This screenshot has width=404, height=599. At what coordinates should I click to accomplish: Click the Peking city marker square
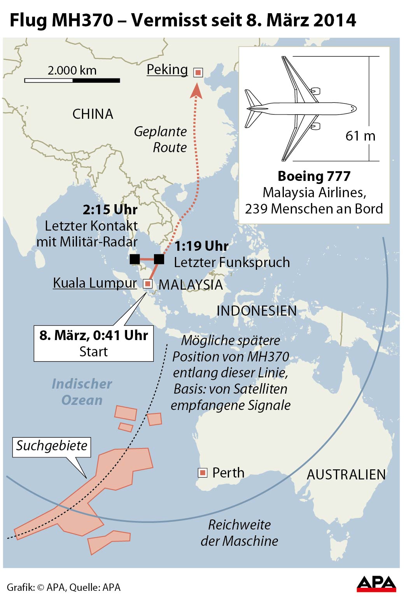(198, 72)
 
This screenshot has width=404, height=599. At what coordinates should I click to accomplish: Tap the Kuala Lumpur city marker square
(147, 284)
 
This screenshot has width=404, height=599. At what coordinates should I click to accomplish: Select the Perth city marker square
(202, 472)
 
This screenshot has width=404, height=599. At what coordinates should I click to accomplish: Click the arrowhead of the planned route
(196, 90)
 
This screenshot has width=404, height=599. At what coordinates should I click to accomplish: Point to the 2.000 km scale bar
(72, 80)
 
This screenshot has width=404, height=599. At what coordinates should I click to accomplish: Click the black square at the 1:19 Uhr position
(159, 259)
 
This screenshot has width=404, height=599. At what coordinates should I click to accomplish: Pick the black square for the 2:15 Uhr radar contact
(135, 259)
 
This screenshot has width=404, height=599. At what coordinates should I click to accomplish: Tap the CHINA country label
(93, 114)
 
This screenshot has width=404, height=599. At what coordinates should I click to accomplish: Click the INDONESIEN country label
(256, 311)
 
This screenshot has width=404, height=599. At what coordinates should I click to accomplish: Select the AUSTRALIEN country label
(346, 474)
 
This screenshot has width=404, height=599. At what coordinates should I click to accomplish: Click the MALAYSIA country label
(191, 285)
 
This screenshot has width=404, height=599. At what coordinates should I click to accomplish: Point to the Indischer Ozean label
(82, 392)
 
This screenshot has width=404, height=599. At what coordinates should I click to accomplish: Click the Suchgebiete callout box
(52, 446)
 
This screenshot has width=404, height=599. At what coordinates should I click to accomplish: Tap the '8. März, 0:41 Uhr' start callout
(94, 343)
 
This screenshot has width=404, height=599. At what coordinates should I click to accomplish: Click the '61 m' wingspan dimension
(360, 136)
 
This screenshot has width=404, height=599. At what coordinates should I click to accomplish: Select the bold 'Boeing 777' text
(314, 176)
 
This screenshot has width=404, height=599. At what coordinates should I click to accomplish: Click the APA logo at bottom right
(376, 583)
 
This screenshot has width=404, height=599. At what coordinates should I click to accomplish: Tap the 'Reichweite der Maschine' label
(240, 533)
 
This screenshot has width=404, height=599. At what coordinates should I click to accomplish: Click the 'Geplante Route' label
(161, 139)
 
